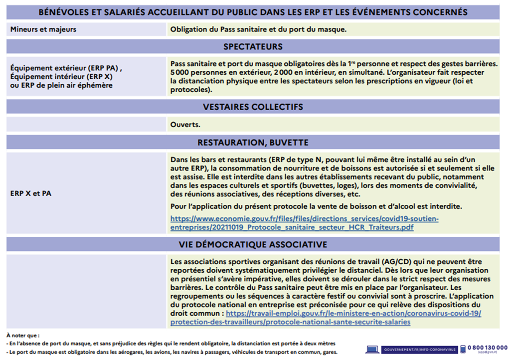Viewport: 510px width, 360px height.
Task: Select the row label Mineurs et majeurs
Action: tap(43, 29)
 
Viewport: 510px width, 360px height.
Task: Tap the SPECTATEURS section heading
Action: tap(253, 47)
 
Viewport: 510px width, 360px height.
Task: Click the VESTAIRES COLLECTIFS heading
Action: tap(253, 107)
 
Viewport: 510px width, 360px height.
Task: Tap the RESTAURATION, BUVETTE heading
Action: tap(253, 143)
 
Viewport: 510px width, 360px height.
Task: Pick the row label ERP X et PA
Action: tap(31, 193)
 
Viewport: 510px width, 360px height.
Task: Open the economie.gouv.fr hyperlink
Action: tap(304, 223)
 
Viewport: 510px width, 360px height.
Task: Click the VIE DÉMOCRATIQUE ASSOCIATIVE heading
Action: tap(253, 244)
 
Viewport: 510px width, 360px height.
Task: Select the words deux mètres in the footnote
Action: tap(320, 343)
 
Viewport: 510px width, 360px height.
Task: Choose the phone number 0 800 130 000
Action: tap(488, 348)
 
